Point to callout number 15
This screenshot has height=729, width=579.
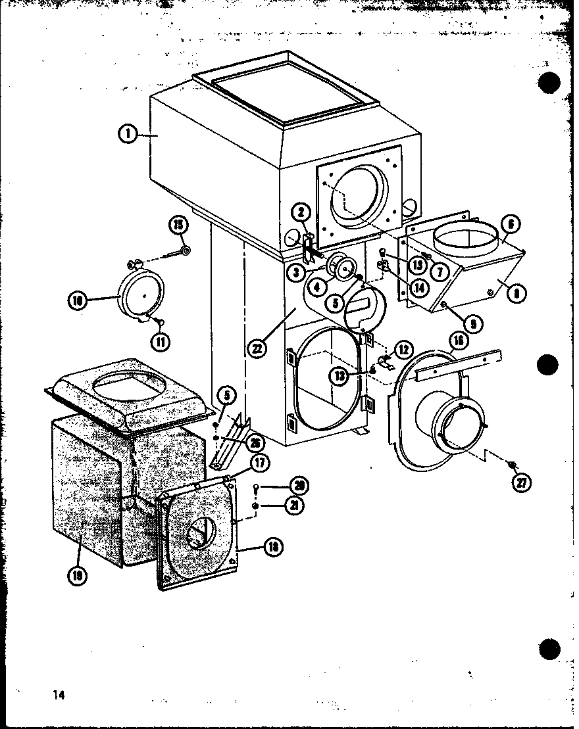(x=178, y=225)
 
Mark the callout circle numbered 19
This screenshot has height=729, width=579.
(x=78, y=576)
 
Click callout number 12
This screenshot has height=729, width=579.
(x=403, y=348)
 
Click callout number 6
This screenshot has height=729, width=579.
(x=511, y=224)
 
